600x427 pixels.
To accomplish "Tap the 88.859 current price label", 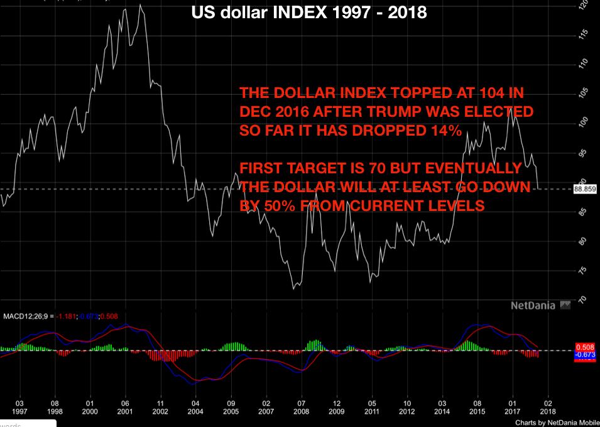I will pos(585,188).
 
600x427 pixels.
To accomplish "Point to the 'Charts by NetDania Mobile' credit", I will pos(555,423).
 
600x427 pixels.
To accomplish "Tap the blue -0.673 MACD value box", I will pos(585,355).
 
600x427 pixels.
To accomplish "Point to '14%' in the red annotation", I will pos(445,131).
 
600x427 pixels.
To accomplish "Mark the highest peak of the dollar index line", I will pos(139,5).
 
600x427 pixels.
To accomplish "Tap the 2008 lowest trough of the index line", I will pos(293,289).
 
